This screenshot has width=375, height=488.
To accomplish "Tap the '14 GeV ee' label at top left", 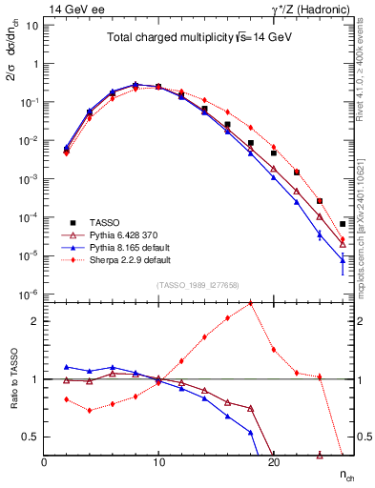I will (70, 8).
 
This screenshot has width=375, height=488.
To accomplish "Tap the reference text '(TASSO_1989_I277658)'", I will (198, 284).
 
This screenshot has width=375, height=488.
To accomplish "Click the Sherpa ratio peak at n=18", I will (250, 303).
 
